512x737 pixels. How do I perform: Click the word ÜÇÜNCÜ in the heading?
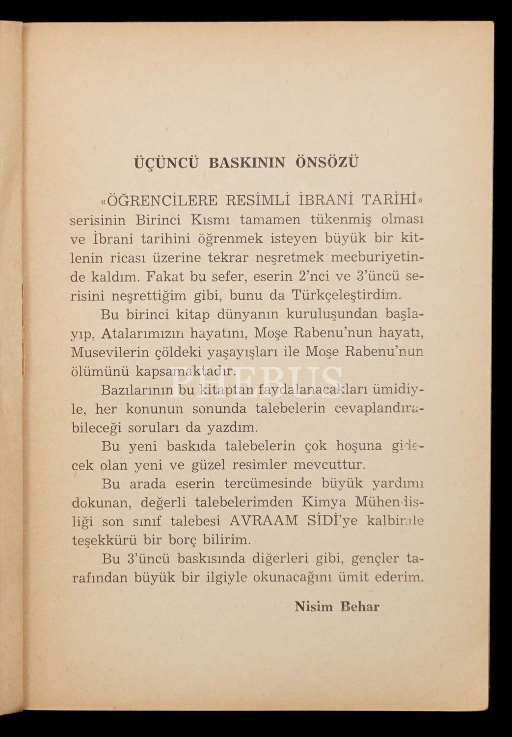click(x=167, y=163)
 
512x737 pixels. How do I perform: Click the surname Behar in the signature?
click(x=360, y=607)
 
